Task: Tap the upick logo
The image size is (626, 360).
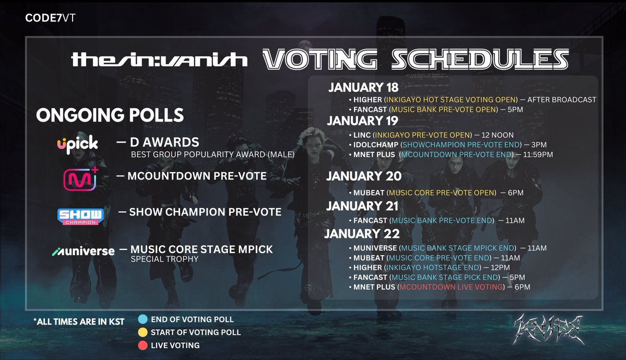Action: point(78,143)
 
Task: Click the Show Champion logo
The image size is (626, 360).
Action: point(80,215)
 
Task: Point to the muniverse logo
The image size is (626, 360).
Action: point(83,251)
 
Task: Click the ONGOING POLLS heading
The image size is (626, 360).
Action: point(110,115)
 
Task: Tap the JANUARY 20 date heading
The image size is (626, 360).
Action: point(364,176)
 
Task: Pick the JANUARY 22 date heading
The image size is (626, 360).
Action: point(362,233)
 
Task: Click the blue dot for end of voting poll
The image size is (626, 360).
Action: point(143,319)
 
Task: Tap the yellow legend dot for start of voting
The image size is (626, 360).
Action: point(143,332)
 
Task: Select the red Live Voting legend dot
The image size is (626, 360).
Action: point(143,345)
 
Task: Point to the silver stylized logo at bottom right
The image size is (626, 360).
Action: point(549,328)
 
